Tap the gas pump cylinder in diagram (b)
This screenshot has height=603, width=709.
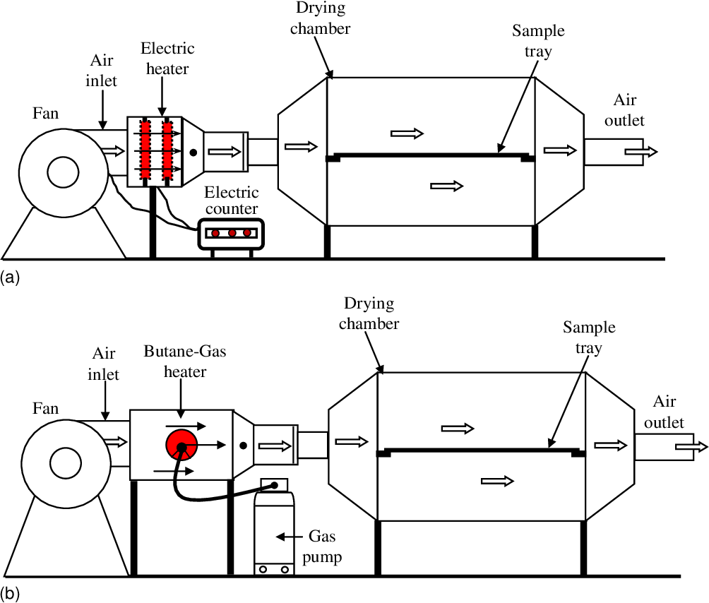273,530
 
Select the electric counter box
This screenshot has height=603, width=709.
230,233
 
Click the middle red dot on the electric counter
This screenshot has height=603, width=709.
231,232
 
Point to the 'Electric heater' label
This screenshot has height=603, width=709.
167,57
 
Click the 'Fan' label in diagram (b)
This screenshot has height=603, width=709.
45,408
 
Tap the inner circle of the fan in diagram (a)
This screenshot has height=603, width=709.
63,172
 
